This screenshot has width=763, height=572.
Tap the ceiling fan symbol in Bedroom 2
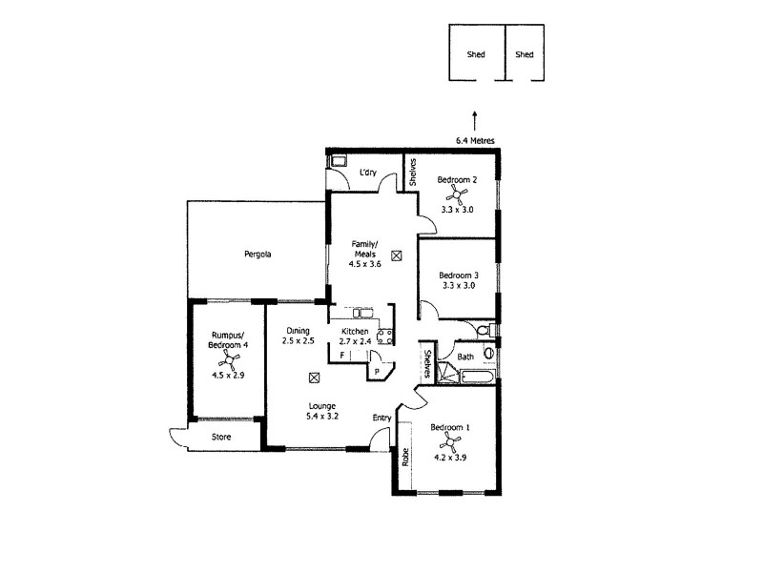pyautogui.click(x=459, y=195)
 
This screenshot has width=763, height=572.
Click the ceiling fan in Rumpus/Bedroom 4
pyautogui.click(x=227, y=359)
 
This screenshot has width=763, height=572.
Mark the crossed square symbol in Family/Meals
pyautogui.click(x=396, y=255)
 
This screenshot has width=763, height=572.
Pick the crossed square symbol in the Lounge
pyautogui.click(x=314, y=378)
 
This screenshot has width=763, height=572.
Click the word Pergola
pyautogui.click(x=258, y=255)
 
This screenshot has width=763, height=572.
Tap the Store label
pyautogui.click(x=221, y=439)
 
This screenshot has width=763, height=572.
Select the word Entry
pyautogui.click(x=381, y=417)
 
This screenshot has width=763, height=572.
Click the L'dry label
pyautogui.click(x=369, y=174)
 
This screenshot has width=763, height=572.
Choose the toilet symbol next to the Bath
pyautogui.click(x=484, y=330)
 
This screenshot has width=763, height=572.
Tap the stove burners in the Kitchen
pyautogui.click(x=386, y=335)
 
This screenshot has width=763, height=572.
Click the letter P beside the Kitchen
pyautogui.click(x=378, y=371)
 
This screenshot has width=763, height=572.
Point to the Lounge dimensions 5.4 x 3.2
pyautogui.click(x=321, y=417)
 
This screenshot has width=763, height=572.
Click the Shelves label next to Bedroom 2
pyautogui.click(x=412, y=173)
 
